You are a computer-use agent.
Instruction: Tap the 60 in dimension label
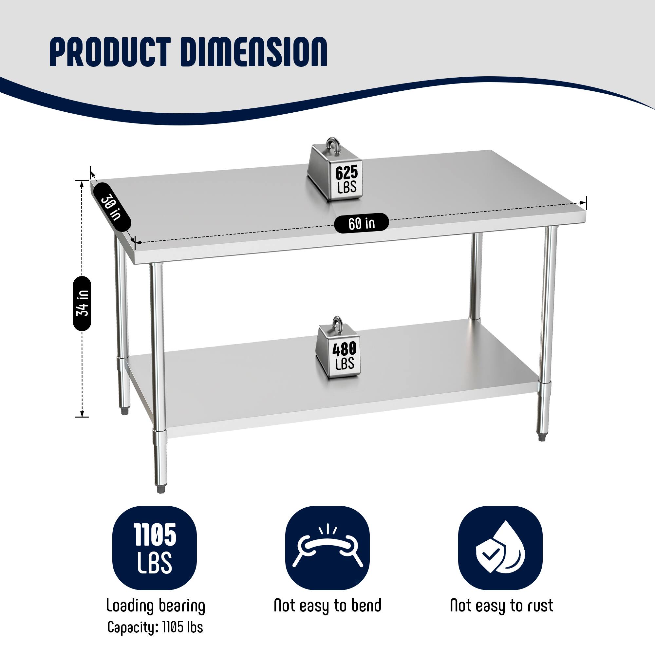[362, 223]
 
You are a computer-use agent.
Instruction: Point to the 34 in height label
[83, 303]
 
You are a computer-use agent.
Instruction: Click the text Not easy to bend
[327, 606]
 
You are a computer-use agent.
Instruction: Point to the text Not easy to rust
[501, 606]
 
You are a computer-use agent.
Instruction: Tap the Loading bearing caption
[156, 606]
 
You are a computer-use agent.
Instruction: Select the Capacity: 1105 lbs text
[155, 627]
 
